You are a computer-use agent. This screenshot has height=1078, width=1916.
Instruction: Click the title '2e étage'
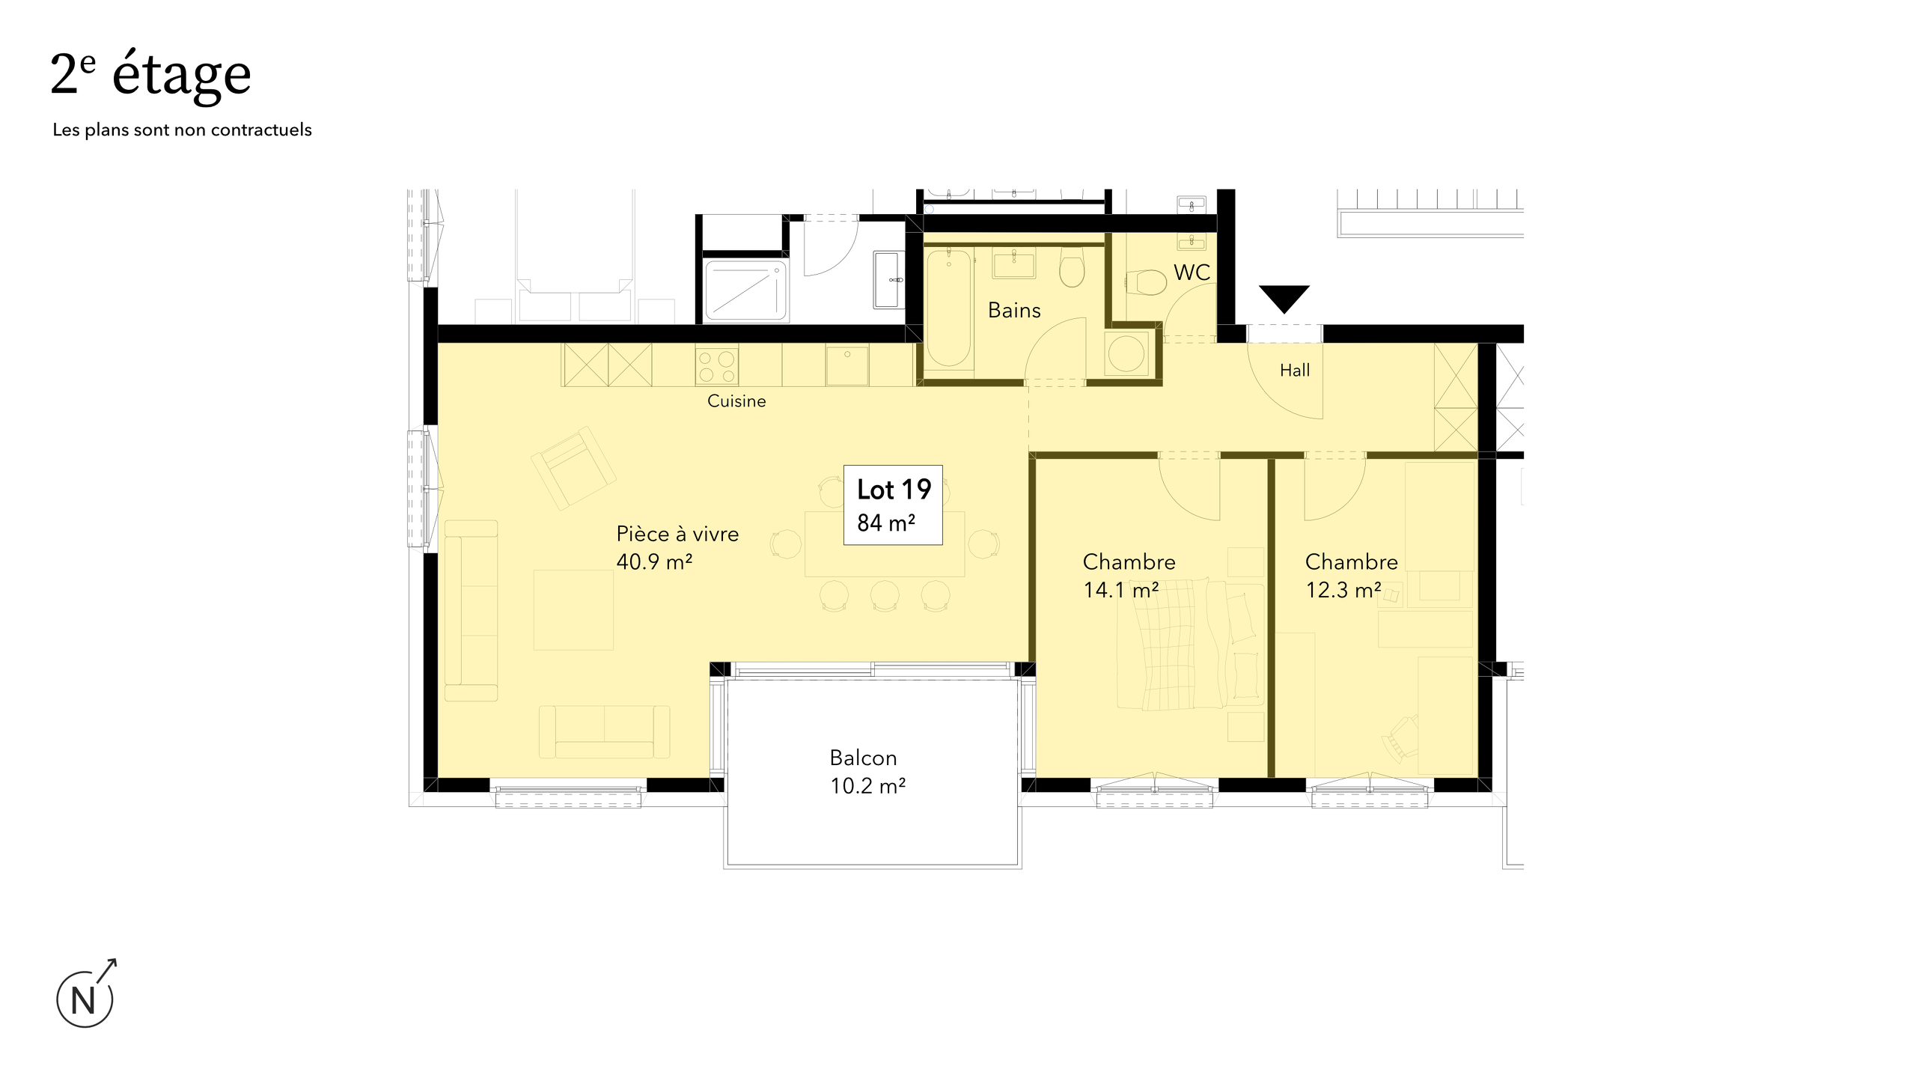[x=150, y=76]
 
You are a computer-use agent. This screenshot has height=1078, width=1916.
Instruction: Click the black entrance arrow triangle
[x=1284, y=297]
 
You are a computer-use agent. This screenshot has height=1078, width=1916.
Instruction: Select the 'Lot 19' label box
[x=893, y=504]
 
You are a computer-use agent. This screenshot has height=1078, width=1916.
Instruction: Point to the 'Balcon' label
[x=863, y=758]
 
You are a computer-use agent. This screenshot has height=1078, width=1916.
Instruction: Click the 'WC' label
[x=1192, y=272]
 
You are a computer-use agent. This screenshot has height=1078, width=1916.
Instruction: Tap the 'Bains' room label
[x=1014, y=310]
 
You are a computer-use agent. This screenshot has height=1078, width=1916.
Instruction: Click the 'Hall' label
[x=1295, y=370]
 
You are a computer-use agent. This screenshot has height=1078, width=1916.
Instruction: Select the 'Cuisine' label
[x=736, y=401]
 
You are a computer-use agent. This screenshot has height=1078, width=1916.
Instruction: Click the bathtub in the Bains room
[x=948, y=308]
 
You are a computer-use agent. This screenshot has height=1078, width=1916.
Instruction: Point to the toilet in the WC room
[x=1146, y=283]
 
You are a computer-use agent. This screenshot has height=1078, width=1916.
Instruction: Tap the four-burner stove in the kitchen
[x=716, y=366]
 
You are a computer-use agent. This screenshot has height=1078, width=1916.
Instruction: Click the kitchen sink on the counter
[x=847, y=365]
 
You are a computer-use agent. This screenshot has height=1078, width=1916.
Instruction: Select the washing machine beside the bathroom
[x=1126, y=353]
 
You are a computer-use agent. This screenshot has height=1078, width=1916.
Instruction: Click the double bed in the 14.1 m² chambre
[x=1190, y=644]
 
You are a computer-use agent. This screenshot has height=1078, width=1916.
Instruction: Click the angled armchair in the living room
[x=573, y=468]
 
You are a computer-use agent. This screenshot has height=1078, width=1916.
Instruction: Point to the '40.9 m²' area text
[x=654, y=561]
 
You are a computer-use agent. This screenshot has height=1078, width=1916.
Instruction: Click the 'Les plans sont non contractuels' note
[x=182, y=130]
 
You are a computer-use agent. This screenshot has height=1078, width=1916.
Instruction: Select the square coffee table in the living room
[x=573, y=609]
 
